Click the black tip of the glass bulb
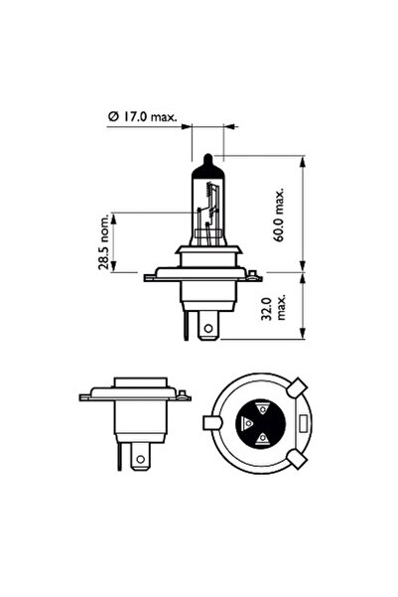tap(206, 162)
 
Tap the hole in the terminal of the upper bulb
tap(207, 323)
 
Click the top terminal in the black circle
tap(262, 407)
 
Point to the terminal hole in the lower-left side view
tap(140, 459)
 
